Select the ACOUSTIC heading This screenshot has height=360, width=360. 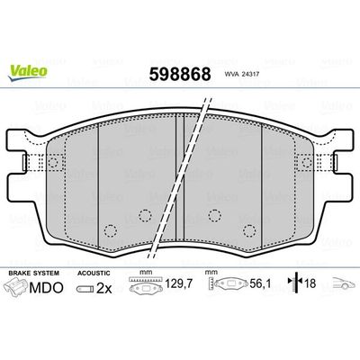click(94, 271)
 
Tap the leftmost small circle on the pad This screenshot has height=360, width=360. click(110, 228)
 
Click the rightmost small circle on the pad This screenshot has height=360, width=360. click(249, 228)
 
